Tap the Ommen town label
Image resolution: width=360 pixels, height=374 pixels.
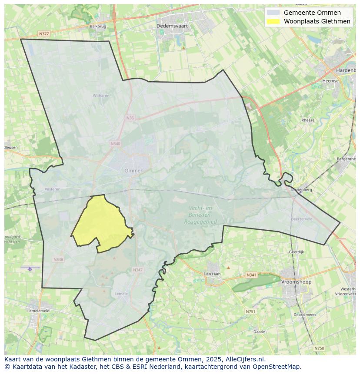point(134,171)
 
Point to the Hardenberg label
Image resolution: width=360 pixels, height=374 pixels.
point(346,70)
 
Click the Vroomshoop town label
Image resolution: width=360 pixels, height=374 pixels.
point(297,282)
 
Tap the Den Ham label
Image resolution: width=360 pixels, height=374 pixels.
point(212,274)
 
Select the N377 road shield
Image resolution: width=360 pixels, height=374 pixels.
point(43,33)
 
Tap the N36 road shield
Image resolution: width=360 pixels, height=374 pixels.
point(130,118)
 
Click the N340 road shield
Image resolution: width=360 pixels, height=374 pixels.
point(115,144)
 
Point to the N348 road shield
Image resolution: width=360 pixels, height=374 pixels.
point(58,259)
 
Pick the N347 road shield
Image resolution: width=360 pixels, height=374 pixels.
point(137,270)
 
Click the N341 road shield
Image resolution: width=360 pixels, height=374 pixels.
point(251,275)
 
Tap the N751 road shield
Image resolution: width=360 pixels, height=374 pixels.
point(250,311)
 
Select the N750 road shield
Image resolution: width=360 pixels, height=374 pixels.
point(319,348)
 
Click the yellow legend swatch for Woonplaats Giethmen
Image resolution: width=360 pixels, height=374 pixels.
point(273,21)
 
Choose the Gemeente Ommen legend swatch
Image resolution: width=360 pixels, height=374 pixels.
point(273,13)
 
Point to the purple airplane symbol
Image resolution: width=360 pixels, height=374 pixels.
point(30,269)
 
